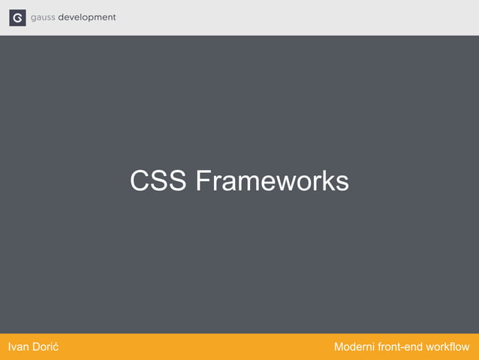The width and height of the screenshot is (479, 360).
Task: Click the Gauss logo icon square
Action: pyautogui.click(x=17, y=17)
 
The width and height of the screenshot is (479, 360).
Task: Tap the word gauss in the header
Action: pyautogui.click(x=43, y=18)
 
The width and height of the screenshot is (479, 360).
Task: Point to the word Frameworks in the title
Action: pyautogui.click(x=272, y=181)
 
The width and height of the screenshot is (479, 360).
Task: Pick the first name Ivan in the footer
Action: pyautogui.click(x=18, y=347)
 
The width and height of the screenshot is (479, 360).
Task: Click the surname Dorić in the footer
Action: pyautogui.click(x=46, y=347)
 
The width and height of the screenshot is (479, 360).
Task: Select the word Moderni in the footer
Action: pyautogui.click(x=356, y=347)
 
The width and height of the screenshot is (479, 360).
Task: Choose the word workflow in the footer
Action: pyautogui.click(x=448, y=347)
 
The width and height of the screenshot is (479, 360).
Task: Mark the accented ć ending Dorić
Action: pyautogui.click(x=57, y=348)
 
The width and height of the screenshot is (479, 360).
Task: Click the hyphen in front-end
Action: pyautogui.click(x=402, y=348)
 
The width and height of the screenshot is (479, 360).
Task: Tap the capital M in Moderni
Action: pyautogui.click(x=339, y=347)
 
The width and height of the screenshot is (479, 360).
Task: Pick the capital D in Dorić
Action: pyautogui.click(x=37, y=347)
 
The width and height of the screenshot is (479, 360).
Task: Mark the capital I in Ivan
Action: pyautogui.click(x=8, y=347)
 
